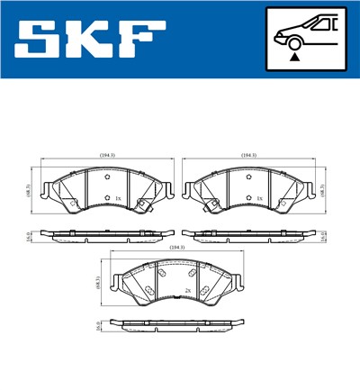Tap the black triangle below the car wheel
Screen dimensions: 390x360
point(294,56)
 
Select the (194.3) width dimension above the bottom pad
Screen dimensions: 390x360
point(175,247)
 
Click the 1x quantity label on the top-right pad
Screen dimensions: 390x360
point(259,198)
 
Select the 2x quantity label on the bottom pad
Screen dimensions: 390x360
point(187,290)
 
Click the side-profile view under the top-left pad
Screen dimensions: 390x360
point(107,238)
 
